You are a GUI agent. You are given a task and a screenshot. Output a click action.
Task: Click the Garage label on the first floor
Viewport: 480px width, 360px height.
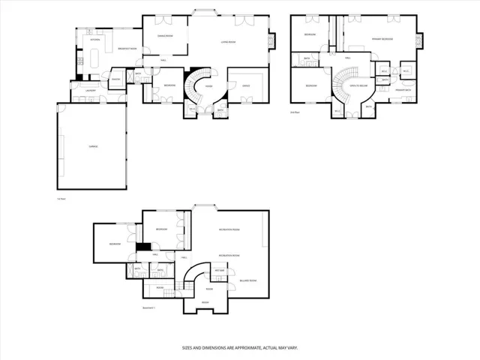click(x=94, y=146)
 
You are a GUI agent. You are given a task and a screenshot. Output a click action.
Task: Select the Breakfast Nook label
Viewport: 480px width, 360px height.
click(x=128, y=49)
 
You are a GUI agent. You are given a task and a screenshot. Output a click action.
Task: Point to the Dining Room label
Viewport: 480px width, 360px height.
click(x=165, y=36)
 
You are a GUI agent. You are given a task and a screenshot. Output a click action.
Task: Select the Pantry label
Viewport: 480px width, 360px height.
click(x=116, y=79)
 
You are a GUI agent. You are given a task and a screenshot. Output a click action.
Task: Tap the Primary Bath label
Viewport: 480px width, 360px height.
click(x=403, y=90)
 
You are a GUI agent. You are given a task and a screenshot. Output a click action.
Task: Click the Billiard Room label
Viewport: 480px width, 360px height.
click(x=248, y=280)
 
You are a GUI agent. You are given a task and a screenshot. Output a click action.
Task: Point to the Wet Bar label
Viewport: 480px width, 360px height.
click(x=220, y=270)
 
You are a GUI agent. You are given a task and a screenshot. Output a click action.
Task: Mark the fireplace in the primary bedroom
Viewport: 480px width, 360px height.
click(x=419, y=37)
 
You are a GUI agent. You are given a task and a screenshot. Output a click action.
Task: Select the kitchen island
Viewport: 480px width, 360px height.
click(x=95, y=57)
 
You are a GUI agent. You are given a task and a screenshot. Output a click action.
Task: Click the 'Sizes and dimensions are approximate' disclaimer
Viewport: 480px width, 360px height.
click(x=240, y=347)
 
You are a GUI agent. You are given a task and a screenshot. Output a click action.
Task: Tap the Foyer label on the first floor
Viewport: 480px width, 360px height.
click(x=209, y=86)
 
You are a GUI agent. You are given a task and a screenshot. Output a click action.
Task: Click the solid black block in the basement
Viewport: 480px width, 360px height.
click(x=141, y=247)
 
